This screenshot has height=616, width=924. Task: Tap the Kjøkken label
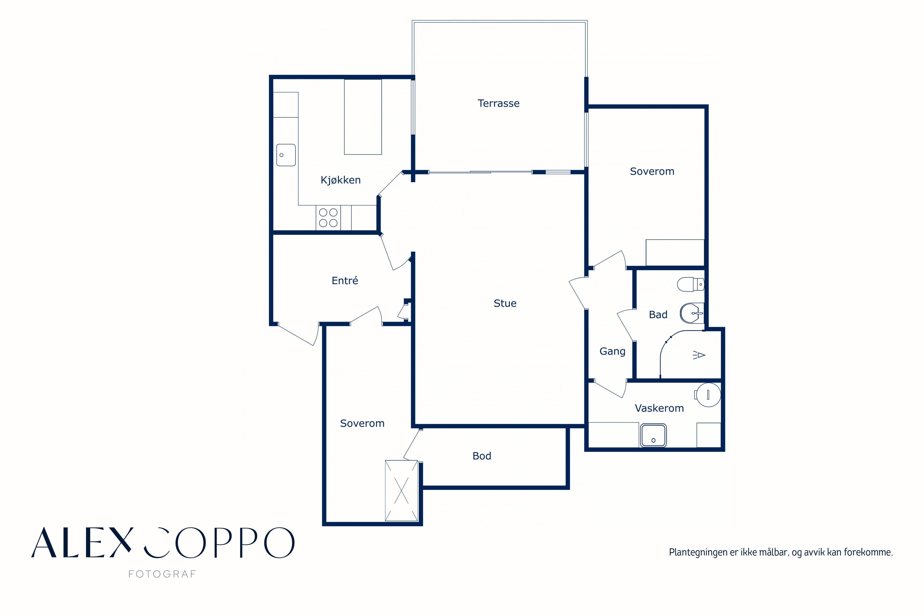341,180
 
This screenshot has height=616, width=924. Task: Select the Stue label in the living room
505,303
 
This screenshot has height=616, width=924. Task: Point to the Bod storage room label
482,456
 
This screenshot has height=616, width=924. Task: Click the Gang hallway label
612,351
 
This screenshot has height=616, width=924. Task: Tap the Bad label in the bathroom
658,315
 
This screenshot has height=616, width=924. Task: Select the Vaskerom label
659,408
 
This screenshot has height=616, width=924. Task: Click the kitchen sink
286,155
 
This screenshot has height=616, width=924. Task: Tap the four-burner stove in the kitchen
328,218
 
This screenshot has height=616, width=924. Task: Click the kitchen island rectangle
363,117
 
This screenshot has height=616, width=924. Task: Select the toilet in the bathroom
690,284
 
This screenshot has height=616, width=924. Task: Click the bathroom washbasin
692,313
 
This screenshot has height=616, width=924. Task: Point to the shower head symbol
699,355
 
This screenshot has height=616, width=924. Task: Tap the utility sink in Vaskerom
653,435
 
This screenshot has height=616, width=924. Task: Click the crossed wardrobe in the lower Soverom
401,491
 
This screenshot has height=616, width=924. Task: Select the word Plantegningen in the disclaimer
698,552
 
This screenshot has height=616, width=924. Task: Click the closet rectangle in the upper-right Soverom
675,253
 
